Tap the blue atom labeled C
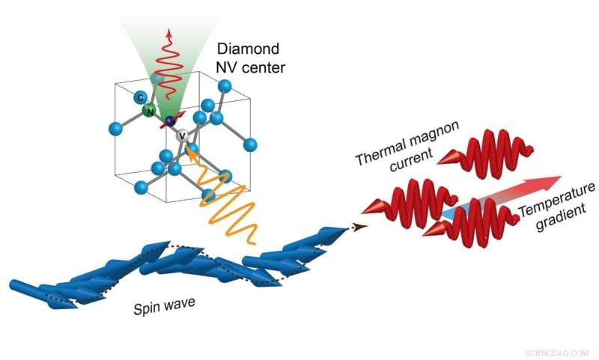pos(139,97)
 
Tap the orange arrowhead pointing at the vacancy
pos(190,153)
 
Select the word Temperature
pos(562,210)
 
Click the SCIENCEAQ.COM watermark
pos(557,352)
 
